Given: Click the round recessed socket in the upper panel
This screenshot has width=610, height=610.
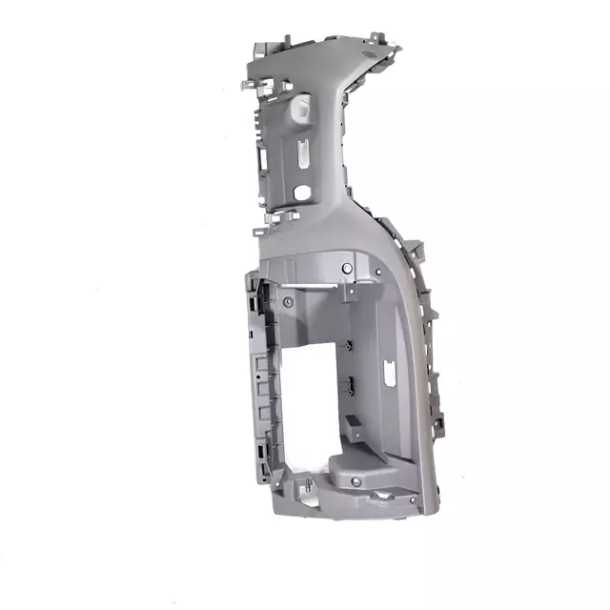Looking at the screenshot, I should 304,108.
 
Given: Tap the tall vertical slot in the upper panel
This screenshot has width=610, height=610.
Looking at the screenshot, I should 301,153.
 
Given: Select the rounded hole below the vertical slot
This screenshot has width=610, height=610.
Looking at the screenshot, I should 301,192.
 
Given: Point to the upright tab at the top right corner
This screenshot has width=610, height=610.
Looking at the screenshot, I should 379,39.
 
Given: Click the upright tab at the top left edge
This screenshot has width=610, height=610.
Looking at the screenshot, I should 259,46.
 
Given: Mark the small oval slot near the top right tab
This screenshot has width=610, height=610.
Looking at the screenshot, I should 365,58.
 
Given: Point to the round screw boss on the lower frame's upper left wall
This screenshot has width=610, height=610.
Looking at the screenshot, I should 286,301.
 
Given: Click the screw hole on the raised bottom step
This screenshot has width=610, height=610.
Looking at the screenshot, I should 356,482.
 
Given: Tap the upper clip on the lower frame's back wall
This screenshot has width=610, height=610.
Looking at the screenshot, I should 349,345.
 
